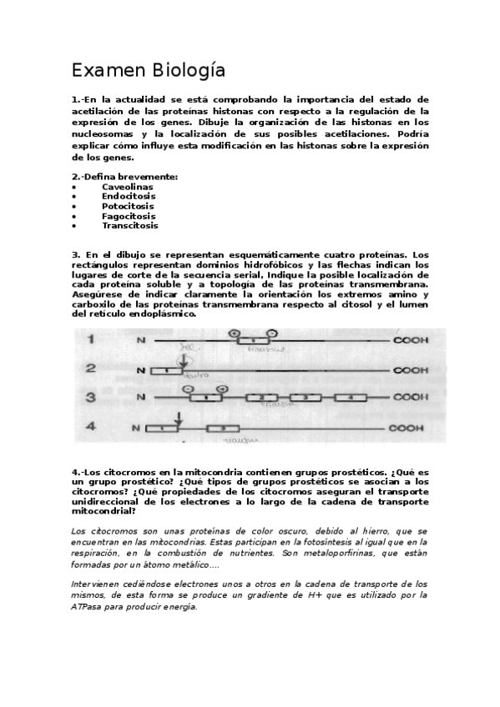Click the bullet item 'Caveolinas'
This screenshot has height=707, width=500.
[127, 187]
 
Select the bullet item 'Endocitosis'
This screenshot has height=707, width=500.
[129, 196]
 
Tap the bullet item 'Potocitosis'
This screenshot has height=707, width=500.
[128, 206]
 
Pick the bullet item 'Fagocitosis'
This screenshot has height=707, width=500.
[129, 216]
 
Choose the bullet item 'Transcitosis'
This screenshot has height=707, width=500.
[130, 225]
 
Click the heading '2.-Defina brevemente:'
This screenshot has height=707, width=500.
[124, 177]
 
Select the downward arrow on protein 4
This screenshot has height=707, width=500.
[177, 418]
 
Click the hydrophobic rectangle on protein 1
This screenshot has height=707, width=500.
[247, 341]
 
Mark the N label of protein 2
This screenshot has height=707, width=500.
[140, 370]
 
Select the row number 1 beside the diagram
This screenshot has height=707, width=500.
[91, 339]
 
